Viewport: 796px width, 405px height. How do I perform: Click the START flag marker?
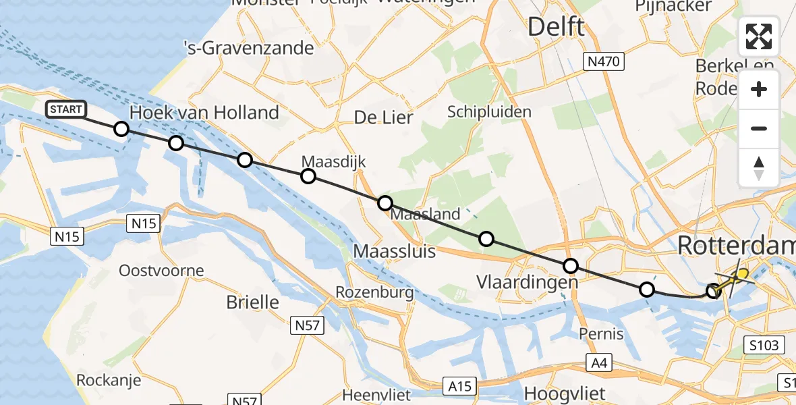(x=66, y=109)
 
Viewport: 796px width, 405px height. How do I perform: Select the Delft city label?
(x=556, y=28)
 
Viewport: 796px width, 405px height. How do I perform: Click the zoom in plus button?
(x=759, y=90)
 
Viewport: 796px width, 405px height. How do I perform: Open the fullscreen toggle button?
(x=759, y=36)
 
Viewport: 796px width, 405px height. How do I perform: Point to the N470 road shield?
(x=604, y=62)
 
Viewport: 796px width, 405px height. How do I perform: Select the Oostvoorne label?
(x=161, y=271)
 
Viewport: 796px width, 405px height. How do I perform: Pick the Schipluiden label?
(x=489, y=112)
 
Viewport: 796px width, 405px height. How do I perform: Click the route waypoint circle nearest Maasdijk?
(x=308, y=176)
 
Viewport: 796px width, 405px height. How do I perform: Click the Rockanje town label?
(x=109, y=380)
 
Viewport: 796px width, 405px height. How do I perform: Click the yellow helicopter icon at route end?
(x=741, y=275)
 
